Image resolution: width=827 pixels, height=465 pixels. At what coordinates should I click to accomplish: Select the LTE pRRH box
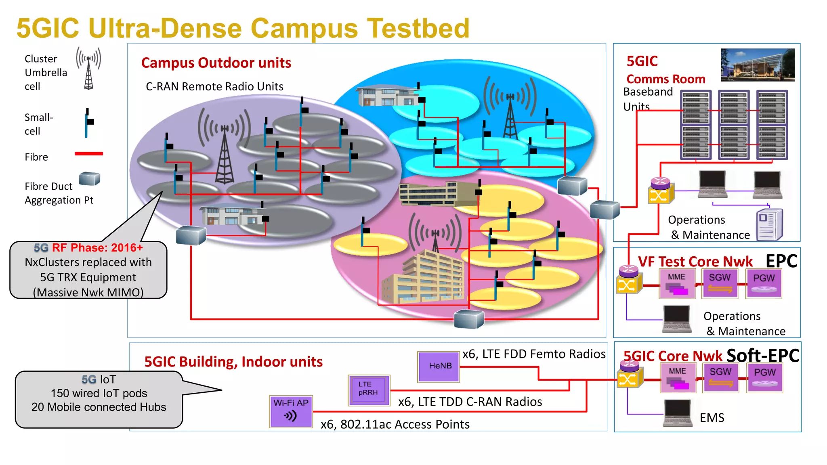click(x=369, y=390)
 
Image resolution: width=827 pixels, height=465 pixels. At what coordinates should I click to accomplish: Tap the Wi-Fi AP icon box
click(x=291, y=411)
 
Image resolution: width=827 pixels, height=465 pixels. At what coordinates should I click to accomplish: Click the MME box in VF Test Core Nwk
click(x=677, y=283)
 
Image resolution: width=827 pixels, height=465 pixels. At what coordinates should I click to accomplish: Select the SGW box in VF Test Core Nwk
click(x=720, y=283)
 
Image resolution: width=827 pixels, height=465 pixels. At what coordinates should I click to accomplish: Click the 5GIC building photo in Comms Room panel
click(x=757, y=65)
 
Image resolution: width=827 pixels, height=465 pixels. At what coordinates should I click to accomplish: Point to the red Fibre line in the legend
click(x=89, y=154)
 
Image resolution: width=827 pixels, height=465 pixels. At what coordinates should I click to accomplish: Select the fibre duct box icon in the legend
click(x=89, y=178)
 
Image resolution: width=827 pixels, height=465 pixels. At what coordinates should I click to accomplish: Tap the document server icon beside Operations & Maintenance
click(x=769, y=224)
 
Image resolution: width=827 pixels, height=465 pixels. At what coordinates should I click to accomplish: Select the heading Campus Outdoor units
click(x=216, y=63)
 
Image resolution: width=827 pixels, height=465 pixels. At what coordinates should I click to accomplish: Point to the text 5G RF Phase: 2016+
click(x=88, y=247)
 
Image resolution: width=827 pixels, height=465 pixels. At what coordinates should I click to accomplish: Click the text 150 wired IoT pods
click(x=99, y=393)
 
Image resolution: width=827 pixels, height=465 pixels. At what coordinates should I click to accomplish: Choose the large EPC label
click(x=781, y=261)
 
